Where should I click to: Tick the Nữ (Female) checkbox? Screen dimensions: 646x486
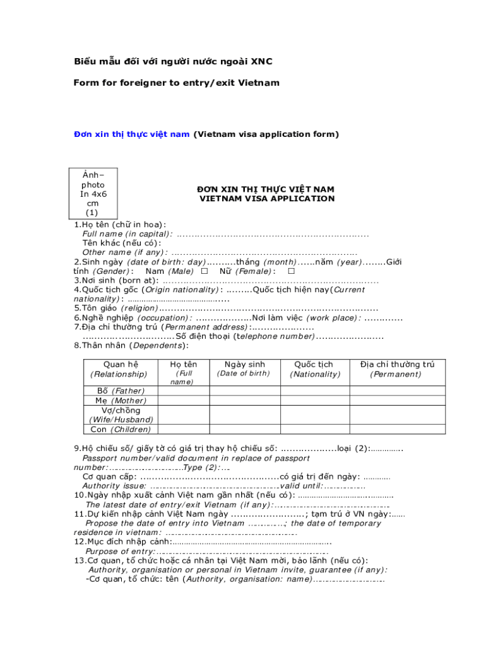(291, 271)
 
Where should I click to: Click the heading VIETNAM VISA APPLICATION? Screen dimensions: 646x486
(267, 199)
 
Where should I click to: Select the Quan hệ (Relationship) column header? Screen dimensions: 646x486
(120, 369)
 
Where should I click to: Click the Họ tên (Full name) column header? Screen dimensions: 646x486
(183, 372)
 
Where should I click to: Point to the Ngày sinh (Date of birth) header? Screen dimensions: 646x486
(244, 369)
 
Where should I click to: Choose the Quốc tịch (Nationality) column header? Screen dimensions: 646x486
(314, 369)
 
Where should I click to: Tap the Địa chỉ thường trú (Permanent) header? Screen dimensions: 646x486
(397, 369)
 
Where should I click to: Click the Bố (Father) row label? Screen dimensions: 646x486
(120, 391)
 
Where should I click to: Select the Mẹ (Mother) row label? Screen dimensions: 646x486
(120, 401)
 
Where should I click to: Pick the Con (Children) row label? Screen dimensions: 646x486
(120, 430)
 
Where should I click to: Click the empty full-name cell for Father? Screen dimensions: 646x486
(183, 391)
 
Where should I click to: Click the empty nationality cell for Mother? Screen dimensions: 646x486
(314, 401)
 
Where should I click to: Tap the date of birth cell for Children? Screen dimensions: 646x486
(244, 430)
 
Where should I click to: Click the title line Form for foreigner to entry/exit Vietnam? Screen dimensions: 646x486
(176, 83)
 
